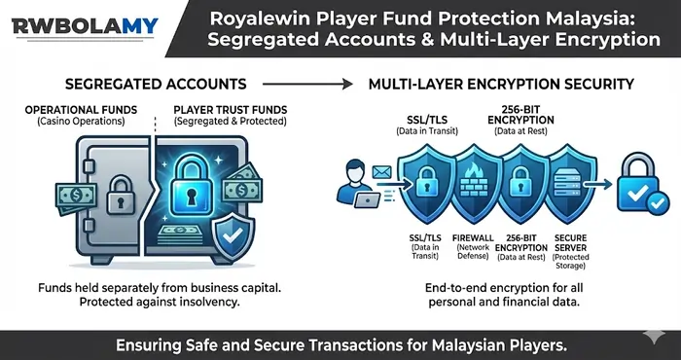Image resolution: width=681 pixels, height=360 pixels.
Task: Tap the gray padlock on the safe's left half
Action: pos(120,192)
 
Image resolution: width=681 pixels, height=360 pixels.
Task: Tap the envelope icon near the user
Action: pos(380,172)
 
